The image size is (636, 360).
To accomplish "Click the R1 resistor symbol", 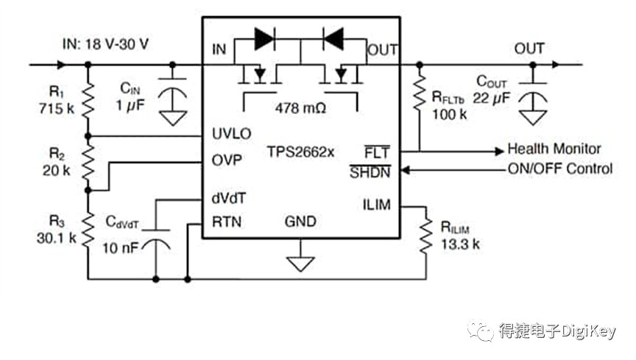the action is pyautogui.click(x=88, y=100).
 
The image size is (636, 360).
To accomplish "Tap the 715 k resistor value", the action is pyautogui.click(x=57, y=108).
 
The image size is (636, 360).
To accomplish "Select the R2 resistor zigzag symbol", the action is pyautogui.click(x=88, y=163).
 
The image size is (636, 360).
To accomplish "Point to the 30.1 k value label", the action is pyautogui.click(x=57, y=238).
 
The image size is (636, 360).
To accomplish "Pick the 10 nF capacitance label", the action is pyautogui.click(x=120, y=247).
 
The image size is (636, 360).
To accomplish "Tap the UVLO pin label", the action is pyautogui.click(x=232, y=133).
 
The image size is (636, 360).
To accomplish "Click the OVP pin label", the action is pyautogui.click(x=227, y=160).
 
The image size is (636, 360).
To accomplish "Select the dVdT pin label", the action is pyautogui.click(x=229, y=198).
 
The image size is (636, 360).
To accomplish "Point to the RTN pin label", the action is pyautogui.click(x=227, y=222).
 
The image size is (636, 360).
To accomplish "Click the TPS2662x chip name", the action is pyautogui.click(x=300, y=152).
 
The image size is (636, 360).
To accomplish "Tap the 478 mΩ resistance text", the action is pyautogui.click(x=300, y=108).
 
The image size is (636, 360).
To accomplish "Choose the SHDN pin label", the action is pyautogui.click(x=370, y=172).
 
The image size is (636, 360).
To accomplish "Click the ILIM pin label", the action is pyautogui.click(x=377, y=205).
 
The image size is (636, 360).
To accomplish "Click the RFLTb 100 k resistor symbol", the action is pyautogui.click(x=420, y=93).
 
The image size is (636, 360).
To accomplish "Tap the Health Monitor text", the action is pyautogui.click(x=554, y=149).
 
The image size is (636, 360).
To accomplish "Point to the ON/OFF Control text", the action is pyautogui.click(x=560, y=169).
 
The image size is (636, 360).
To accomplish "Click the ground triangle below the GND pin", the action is pyautogui.click(x=300, y=264).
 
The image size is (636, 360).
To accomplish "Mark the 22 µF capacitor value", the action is pyautogui.click(x=491, y=98).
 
